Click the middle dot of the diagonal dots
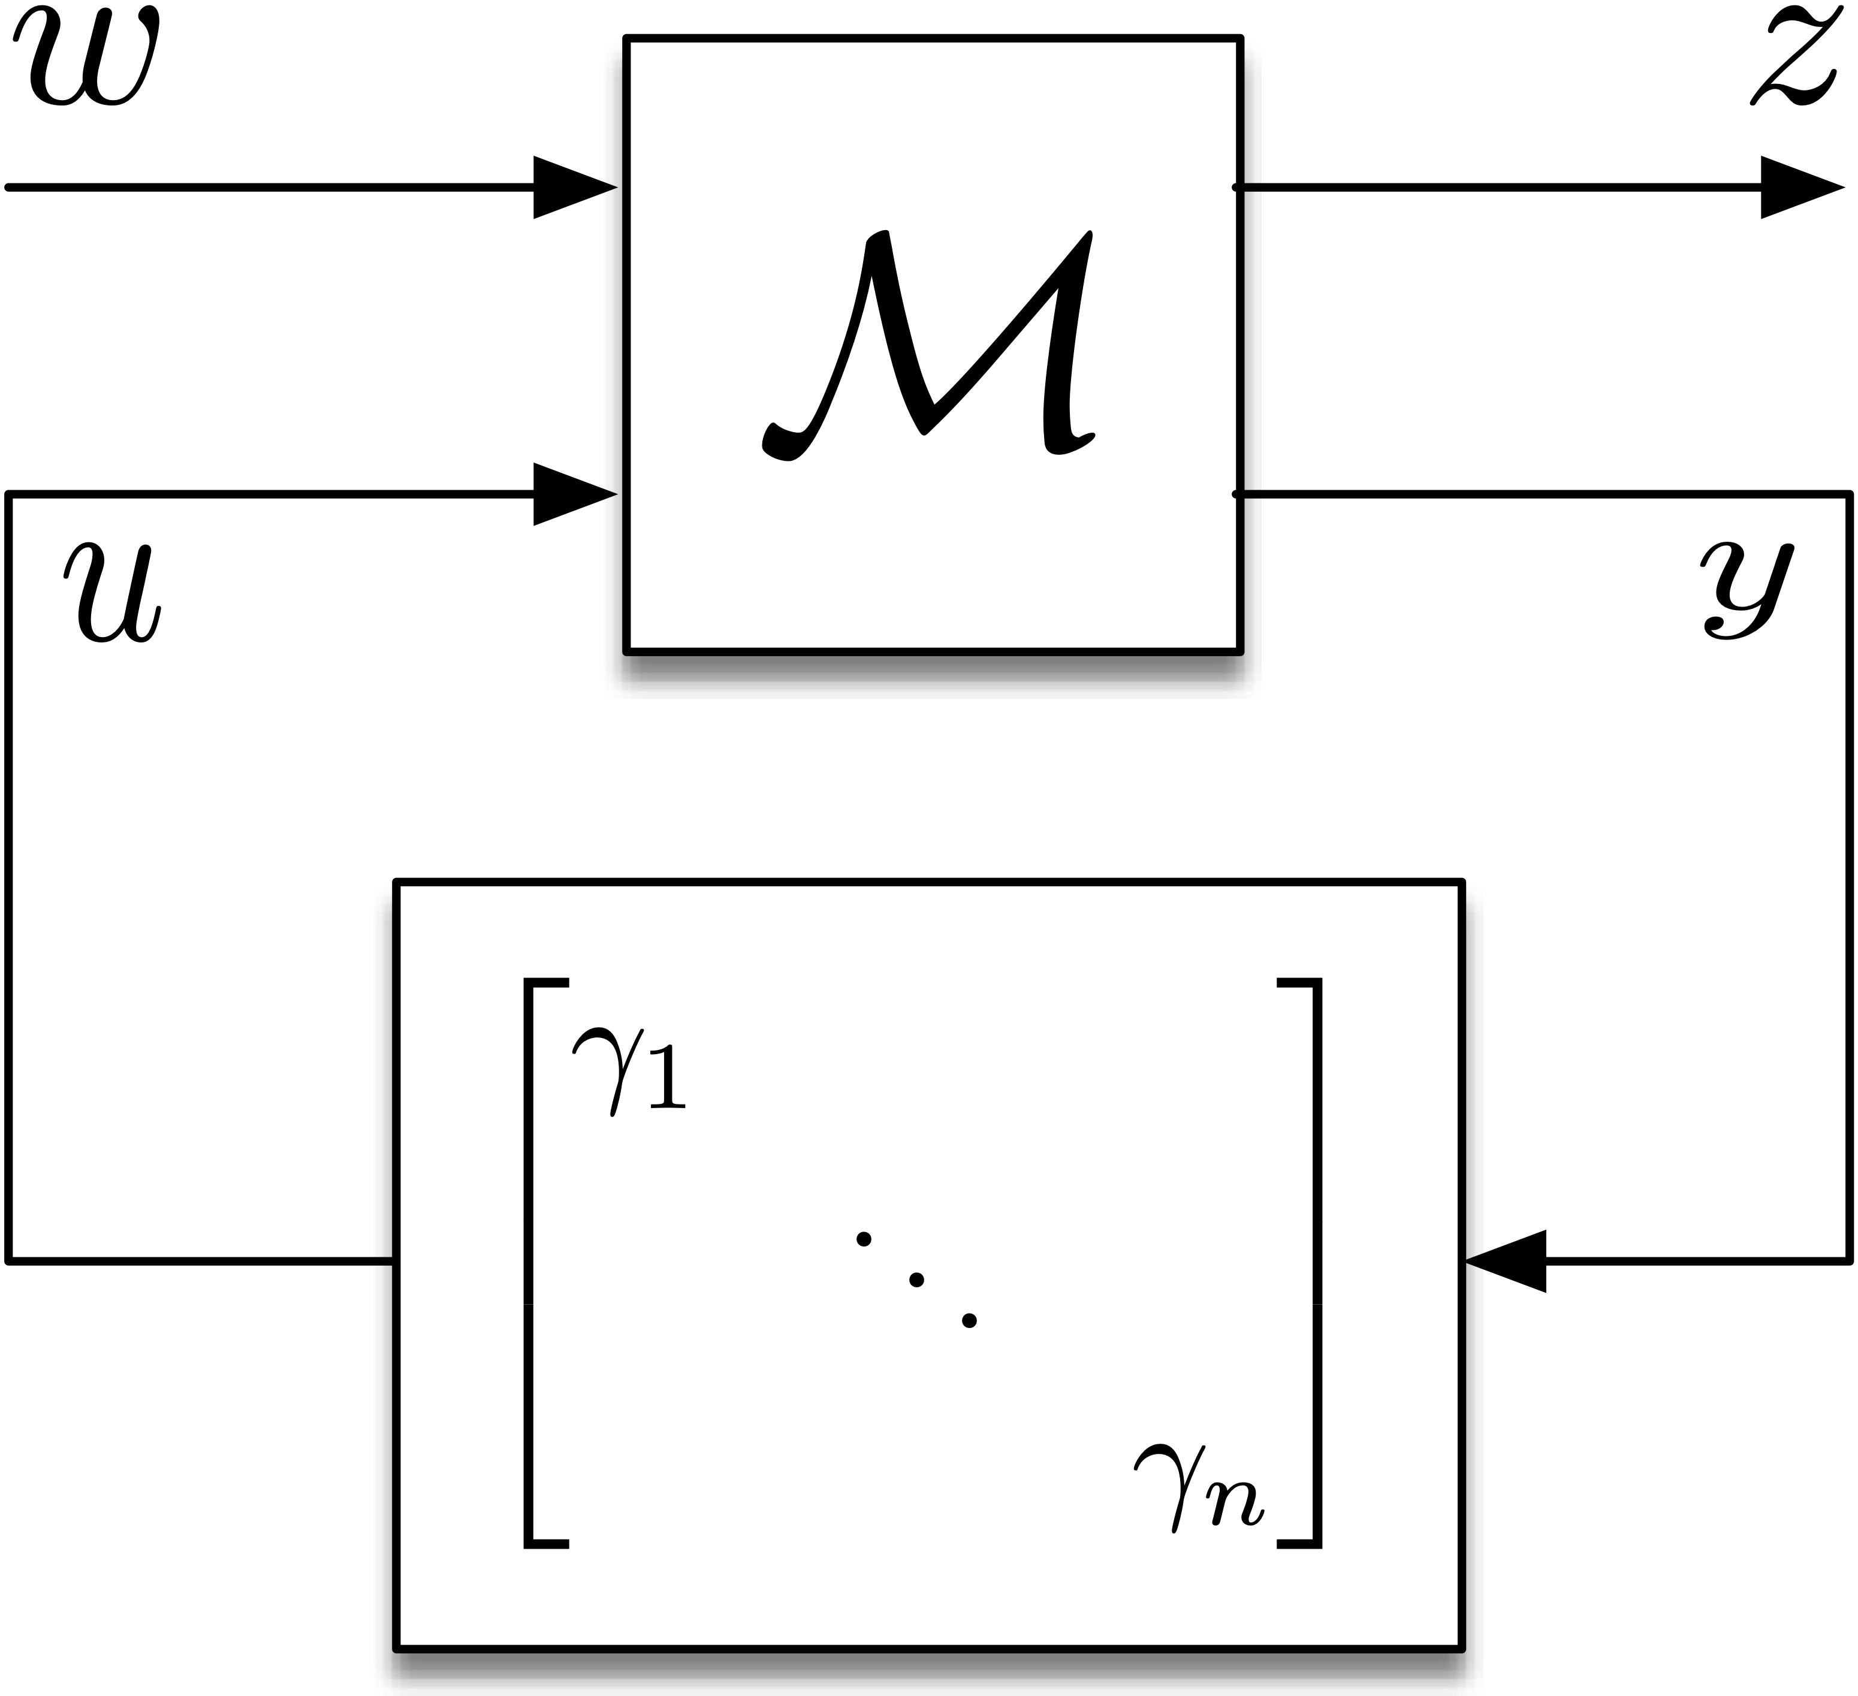pyautogui.click(x=916, y=1279)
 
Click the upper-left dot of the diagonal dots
pyautogui.click(x=864, y=1239)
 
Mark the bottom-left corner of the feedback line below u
pyautogui.click(x=9, y=1260)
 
